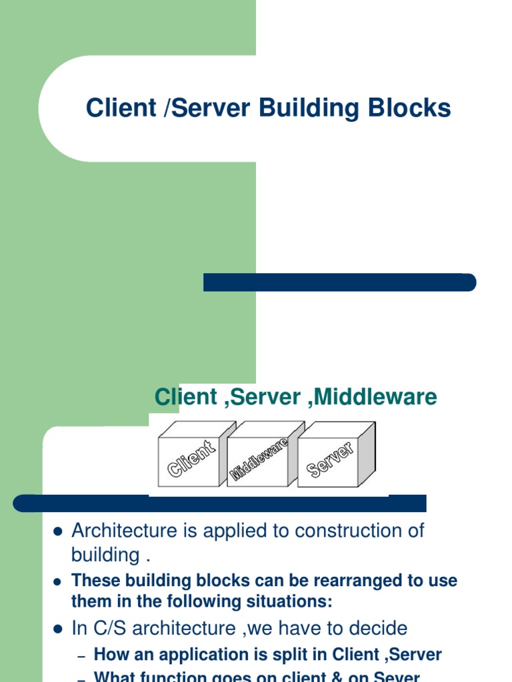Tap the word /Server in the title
[x=203, y=109]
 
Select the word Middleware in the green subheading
[x=375, y=398]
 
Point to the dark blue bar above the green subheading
[x=339, y=282]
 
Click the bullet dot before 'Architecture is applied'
[x=57, y=532]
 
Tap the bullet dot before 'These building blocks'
[x=57, y=581]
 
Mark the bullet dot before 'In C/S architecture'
[x=57, y=629]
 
